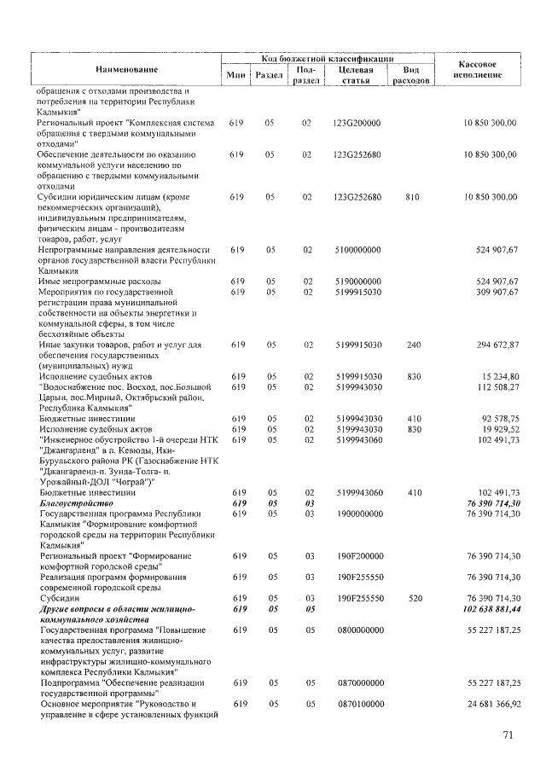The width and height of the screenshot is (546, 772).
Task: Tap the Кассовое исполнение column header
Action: pos(478,69)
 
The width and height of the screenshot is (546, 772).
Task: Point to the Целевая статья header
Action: pos(357,75)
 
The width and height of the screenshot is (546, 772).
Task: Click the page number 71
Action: pos(508,738)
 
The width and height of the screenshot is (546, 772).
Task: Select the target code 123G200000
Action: pos(357,124)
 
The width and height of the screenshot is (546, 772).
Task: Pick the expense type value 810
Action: pos(412,197)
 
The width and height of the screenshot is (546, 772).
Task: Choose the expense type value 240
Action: pos(412,345)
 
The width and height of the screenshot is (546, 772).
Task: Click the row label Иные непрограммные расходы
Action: pos(92,282)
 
